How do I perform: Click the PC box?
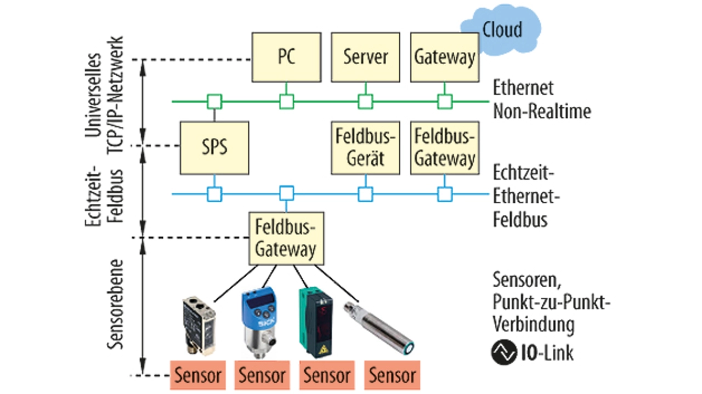pyautogui.click(x=285, y=56)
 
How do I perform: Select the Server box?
pyautogui.click(x=365, y=56)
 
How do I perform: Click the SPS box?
pyautogui.click(x=214, y=148)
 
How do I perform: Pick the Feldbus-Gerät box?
pyautogui.click(x=365, y=148)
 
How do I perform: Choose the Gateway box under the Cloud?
pyautogui.click(x=444, y=56)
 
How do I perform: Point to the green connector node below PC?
pyautogui.click(x=286, y=101)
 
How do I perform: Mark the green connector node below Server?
pyautogui.click(x=365, y=101)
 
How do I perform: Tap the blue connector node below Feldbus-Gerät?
pyautogui.click(x=365, y=193)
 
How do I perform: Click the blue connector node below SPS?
pyautogui.click(x=214, y=193)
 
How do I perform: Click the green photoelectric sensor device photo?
pyautogui.click(x=318, y=323)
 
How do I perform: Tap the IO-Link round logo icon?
pyautogui.click(x=504, y=352)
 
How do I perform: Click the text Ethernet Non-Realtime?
pyautogui.click(x=542, y=100)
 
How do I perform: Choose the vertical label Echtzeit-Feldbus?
pyautogui.click(x=104, y=192)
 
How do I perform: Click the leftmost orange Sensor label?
pyautogui.click(x=197, y=375)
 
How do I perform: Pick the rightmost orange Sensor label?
pyautogui.click(x=392, y=375)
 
